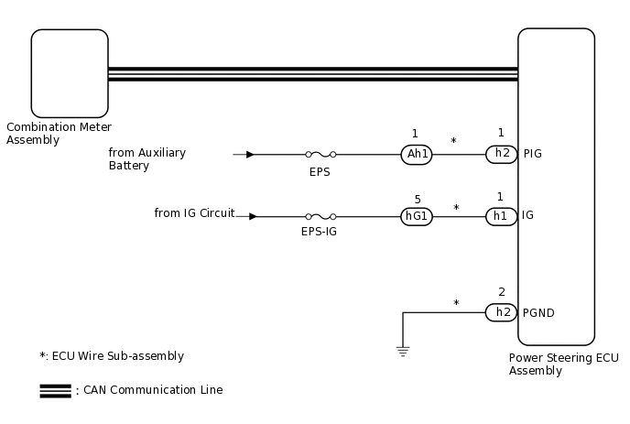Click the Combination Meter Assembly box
[x=70, y=73]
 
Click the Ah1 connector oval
[x=417, y=154]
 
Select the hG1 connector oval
[x=417, y=216]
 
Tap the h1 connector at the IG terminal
[x=501, y=216]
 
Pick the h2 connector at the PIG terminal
[x=501, y=154]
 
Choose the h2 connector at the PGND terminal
[x=501, y=312]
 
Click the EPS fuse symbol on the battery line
[x=319, y=155]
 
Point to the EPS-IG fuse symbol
[x=319, y=217]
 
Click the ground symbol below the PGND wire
[x=403, y=350]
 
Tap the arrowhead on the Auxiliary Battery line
[x=250, y=155]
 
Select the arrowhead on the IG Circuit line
[x=253, y=217]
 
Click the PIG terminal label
[x=532, y=154]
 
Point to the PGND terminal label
[x=538, y=313]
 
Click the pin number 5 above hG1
[x=418, y=199]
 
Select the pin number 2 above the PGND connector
[x=501, y=293]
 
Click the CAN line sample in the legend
[x=55, y=390]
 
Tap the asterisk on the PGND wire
[x=456, y=304]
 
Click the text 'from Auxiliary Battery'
[x=147, y=159]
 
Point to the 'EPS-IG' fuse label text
[x=319, y=233]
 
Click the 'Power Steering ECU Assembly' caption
[x=563, y=364]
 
